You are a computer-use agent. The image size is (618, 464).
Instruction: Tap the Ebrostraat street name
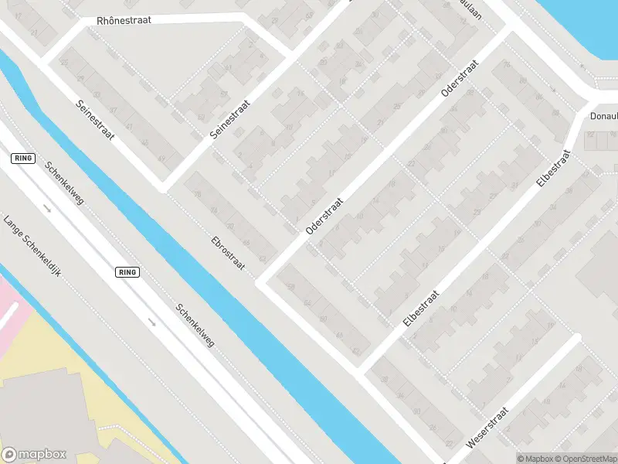pos(228,252)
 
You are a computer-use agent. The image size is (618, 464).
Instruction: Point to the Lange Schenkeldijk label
pos(32,246)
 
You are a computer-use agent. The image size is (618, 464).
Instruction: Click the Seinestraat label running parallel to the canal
pos(95,120)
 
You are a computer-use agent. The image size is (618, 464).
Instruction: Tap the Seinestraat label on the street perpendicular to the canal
pos(232,118)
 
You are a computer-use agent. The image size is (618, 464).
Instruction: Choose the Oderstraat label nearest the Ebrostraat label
pos(324,214)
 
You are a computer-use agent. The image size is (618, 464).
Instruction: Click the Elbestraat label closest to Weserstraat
pos(421,309)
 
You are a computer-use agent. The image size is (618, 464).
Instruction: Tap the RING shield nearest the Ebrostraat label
pos(127,272)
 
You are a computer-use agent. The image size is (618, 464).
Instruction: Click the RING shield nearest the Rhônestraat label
pos(24,158)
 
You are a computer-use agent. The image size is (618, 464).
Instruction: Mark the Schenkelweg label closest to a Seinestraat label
pos(63,183)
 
